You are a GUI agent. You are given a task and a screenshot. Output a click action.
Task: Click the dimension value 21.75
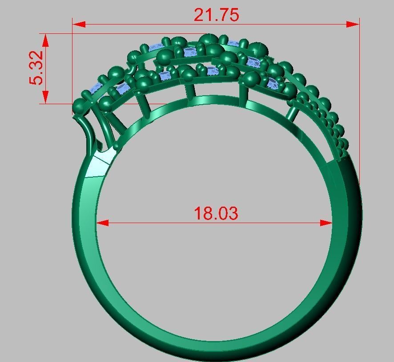(216, 15)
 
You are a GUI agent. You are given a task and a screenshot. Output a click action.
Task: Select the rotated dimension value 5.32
(37, 68)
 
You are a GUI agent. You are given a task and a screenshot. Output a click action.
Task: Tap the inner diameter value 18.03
(216, 214)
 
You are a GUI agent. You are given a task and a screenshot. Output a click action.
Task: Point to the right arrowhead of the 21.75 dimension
(354, 24)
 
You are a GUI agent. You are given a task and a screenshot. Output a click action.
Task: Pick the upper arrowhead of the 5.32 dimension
(45, 39)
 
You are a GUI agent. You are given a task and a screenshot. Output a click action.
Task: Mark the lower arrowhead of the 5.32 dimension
(45, 98)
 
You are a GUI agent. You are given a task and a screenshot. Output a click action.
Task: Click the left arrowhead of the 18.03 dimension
(102, 223)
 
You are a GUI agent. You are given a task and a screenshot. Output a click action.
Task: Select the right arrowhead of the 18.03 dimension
(326, 223)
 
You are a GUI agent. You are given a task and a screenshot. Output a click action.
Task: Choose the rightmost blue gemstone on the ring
(273, 83)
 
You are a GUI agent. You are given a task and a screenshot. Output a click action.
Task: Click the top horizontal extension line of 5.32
(58, 33)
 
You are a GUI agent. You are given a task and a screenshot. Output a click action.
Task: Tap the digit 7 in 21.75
(221, 15)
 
